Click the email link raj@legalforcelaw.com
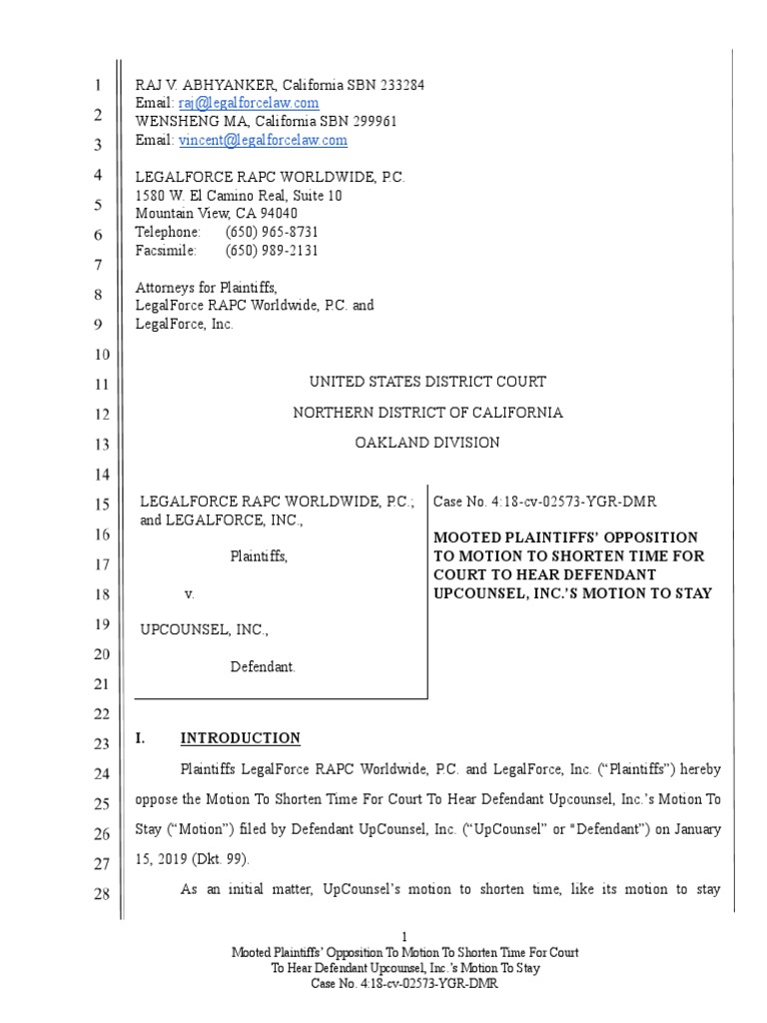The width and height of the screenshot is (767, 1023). pyautogui.click(x=249, y=103)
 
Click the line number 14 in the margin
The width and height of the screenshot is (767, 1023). pyautogui.click(x=100, y=474)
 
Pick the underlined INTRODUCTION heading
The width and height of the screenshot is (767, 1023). pyautogui.click(x=240, y=738)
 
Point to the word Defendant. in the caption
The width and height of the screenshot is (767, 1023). pyautogui.click(x=263, y=667)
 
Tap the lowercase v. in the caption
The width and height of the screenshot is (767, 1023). pyautogui.click(x=188, y=593)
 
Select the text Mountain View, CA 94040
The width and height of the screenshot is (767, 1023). pyautogui.click(x=216, y=214)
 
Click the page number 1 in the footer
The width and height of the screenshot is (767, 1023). pyautogui.click(x=404, y=937)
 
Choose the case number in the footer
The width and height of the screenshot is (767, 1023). pyautogui.click(x=404, y=984)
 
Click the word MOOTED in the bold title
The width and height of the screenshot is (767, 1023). pyautogui.click(x=465, y=537)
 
